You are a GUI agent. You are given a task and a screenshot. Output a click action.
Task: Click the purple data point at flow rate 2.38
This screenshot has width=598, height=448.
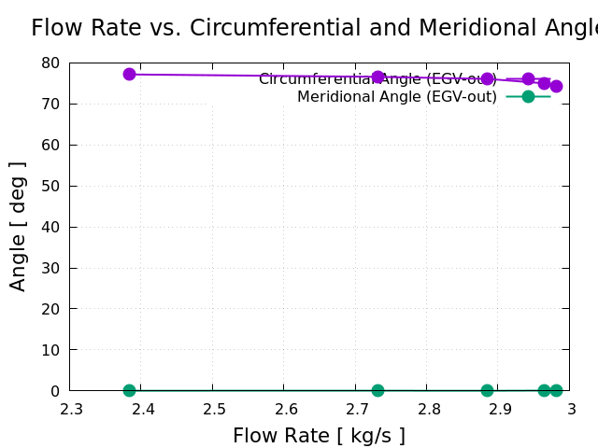click(x=129, y=74)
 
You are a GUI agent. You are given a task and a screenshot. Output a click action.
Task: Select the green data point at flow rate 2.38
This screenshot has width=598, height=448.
click(x=129, y=390)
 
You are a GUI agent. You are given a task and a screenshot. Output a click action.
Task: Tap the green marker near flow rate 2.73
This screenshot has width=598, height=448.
click(x=377, y=390)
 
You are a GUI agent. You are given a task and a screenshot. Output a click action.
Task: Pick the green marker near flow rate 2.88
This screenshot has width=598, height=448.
click(x=487, y=390)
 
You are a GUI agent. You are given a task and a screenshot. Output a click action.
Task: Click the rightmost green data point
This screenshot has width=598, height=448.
click(x=556, y=390)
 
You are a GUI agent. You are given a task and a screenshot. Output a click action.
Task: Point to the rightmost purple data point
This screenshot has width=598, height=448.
click(x=556, y=86)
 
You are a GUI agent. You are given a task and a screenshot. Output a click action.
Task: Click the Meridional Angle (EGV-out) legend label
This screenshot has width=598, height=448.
click(x=397, y=97)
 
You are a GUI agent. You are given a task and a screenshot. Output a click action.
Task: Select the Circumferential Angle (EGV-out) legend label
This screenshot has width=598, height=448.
click(x=377, y=79)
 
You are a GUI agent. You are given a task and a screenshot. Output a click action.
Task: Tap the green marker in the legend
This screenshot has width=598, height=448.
click(x=528, y=96)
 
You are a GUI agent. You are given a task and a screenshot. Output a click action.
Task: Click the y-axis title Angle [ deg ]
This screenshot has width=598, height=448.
click(x=18, y=226)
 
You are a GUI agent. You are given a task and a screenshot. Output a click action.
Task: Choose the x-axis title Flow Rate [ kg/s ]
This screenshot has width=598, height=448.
click(x=319, y=436)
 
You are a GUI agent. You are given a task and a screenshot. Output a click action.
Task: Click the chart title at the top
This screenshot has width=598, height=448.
click(x=314, y=28)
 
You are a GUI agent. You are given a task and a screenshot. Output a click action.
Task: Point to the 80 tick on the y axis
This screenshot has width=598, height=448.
click(x=50, y=63)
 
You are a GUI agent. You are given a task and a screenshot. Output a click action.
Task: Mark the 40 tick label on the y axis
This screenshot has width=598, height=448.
click(x=50, y=227)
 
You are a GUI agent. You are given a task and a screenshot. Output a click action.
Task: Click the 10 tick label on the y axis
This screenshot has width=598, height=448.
click(x=50, y=350)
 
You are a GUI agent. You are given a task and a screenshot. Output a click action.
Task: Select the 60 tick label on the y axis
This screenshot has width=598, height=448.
click(x=50, y=145)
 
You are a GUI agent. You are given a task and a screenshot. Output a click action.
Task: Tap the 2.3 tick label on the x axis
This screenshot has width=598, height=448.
click(x=71, y=409)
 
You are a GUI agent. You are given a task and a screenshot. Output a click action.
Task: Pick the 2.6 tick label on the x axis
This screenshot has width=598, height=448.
click(x=286, y=409)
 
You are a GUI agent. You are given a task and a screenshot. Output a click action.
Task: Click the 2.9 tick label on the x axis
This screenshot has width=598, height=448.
click(x=500, y=409)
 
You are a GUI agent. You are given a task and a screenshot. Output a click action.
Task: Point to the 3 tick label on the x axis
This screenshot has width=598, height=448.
click(x=571, y=409)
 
